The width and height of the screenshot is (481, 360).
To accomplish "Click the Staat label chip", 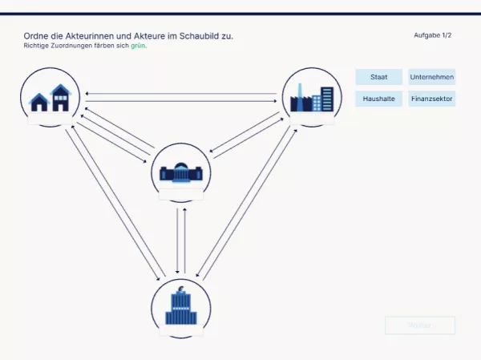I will point(379,78).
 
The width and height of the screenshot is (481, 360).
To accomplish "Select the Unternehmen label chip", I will point(431,78).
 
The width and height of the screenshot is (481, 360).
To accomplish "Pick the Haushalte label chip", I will point(379,99).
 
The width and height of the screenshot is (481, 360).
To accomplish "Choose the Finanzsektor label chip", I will point(431,99).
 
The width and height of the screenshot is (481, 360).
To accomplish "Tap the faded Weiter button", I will point(419,326).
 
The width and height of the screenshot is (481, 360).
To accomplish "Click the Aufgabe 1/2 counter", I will point(432,36).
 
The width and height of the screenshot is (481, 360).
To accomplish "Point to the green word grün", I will point(139,47).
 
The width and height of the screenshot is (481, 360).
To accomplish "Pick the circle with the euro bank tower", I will point(181,308).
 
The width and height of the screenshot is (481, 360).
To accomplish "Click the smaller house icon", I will point(38,102).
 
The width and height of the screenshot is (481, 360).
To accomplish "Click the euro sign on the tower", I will point(181,289).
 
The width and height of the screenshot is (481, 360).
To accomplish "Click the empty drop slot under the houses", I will point(50,119).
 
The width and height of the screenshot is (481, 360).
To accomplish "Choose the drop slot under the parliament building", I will point(181,193).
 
